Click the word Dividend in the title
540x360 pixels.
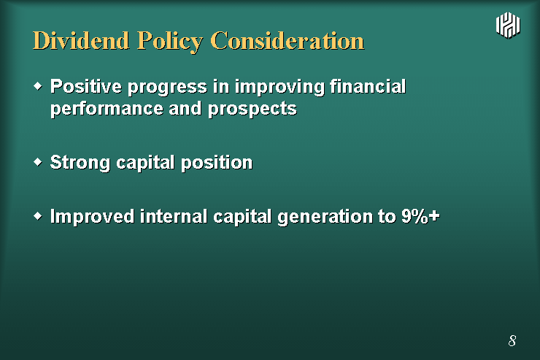[81, 41]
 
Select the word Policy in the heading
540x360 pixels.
[170, 42]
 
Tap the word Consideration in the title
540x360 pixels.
[288, 41]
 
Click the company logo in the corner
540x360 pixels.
[508, 25]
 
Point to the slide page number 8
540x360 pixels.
[512, 341]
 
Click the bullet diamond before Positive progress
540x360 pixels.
[38, 85]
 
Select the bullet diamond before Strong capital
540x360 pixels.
[38, 161]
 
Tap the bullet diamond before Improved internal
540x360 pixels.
[38, 216]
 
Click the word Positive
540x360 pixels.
[86, 86]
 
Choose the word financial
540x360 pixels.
[368, 86]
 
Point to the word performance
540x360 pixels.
[107, 110]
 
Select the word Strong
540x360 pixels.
[80, 163]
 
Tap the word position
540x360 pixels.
[217, 164]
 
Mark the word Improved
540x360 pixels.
[92, 217]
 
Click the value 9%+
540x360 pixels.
[420, 216]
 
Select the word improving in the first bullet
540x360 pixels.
[279, 87]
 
